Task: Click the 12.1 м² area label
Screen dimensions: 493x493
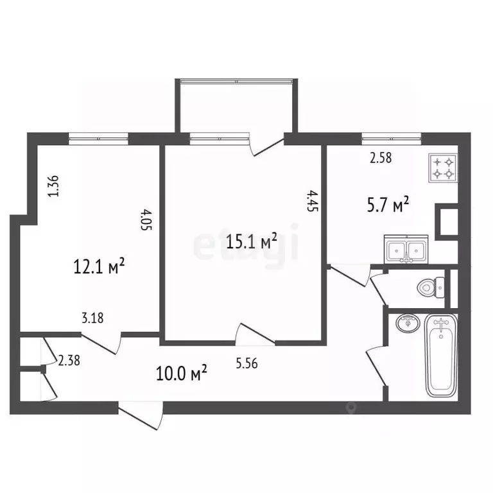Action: point(99,266)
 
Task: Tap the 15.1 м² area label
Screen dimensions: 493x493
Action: point(252,241)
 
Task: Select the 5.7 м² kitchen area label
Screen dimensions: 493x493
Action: point(388,204)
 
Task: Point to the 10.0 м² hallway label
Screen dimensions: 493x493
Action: point(182,373)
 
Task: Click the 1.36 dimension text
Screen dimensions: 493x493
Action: point(53,186)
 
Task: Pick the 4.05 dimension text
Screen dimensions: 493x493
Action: point(146,220)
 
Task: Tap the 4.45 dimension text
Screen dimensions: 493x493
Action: point(313,200)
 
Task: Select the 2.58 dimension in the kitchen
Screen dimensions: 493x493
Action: point(381,158)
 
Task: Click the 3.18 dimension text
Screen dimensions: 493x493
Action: point(92,318)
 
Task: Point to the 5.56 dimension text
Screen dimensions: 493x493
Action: point(246,363)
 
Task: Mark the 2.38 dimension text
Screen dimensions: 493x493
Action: point(69,360)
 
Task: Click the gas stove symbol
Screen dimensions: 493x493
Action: point(443,168)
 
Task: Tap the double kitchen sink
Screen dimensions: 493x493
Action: point(406,249)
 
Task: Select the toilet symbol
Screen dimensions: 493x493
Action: point(431,288)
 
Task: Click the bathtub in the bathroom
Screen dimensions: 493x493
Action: point(441,356)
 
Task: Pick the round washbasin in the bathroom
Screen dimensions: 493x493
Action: point(408,324)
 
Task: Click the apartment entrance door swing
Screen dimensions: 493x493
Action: point(141,415)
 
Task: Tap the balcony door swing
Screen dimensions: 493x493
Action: point(266,144)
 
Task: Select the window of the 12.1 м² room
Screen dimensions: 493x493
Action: point(98,139)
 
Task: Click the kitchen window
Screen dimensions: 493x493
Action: point(392,139)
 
